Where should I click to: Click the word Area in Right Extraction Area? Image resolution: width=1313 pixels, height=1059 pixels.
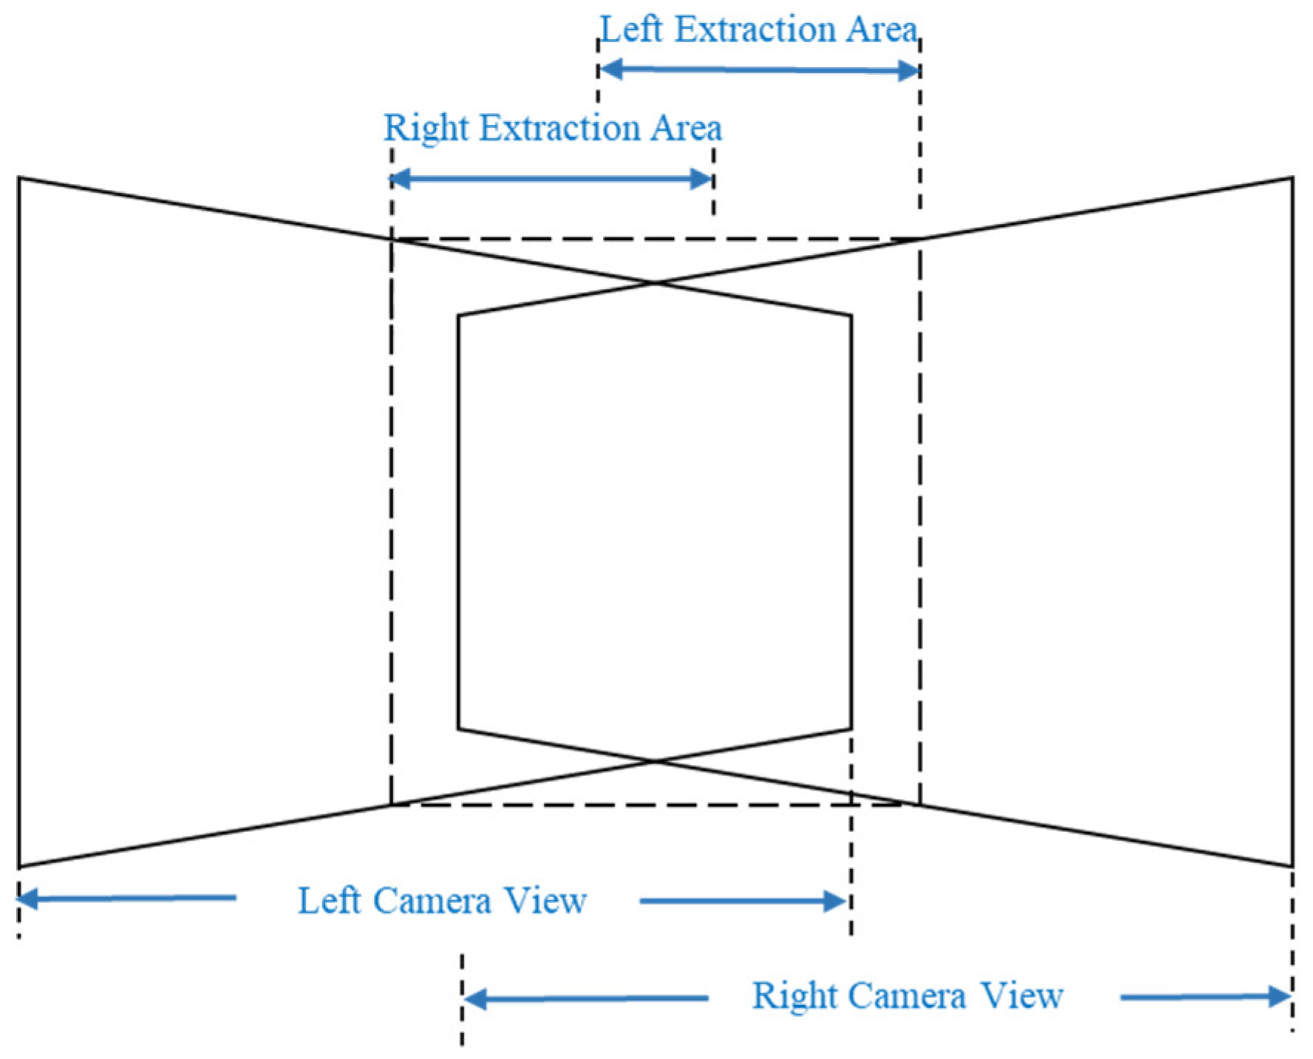[x=686, y=128]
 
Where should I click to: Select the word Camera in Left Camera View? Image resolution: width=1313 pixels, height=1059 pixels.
[x=432, y=901]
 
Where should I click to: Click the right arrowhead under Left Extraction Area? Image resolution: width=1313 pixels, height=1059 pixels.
[x=909, y=71]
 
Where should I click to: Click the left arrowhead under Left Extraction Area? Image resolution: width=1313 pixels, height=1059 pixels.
[x=609, y=69]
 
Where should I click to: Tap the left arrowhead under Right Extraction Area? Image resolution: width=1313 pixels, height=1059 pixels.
[x=400, y=178]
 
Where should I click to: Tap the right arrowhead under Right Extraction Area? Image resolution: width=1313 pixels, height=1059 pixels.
[x=701, y=179]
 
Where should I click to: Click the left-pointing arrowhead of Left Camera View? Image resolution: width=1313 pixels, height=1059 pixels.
[x=27, y=899]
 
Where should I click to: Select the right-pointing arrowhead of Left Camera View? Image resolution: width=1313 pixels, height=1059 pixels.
[x=836, y=901]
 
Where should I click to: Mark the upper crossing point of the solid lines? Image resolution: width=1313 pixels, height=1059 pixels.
[x=655, y=282]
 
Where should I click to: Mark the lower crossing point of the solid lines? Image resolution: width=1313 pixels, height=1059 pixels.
[x=655, y=760]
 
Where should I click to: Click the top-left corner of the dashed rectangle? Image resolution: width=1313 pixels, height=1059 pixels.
[x=392, y=239]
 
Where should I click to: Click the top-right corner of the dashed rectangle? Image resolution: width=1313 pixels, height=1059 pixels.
[x=920, y=239]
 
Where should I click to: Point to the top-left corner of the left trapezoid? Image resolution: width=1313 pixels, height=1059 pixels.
[x=19, y=177]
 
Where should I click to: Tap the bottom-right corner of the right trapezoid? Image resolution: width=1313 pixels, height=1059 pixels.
[x=1292, y=866]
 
